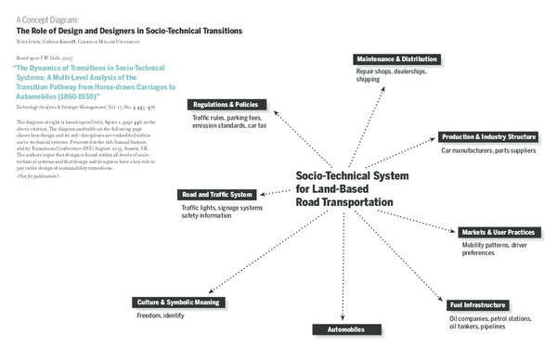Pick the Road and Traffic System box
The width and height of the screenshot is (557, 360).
coord(216,195)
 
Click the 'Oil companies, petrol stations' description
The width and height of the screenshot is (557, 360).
coord(488,321)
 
